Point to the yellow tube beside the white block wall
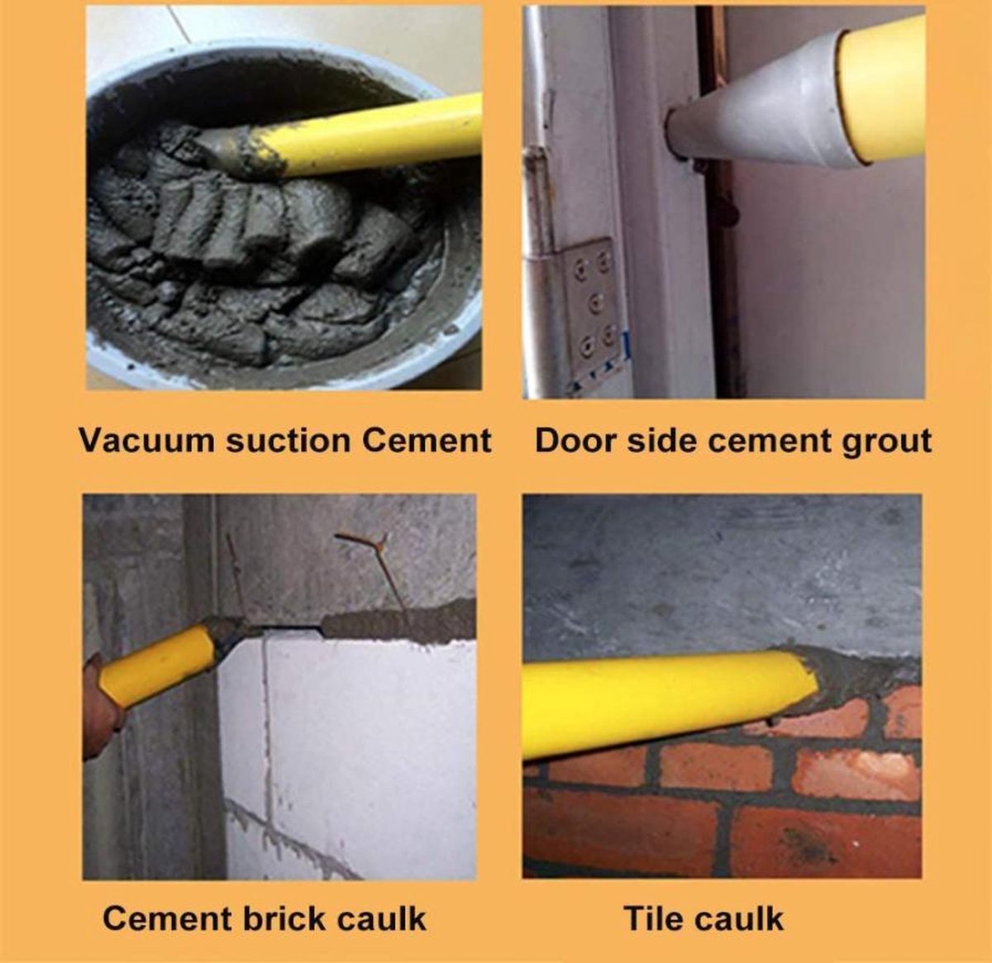(x=161, y=662)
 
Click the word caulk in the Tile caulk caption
(x=739, y=918)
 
